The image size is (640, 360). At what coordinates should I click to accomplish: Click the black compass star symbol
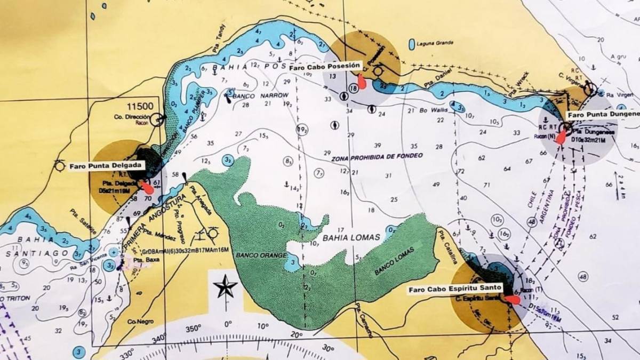225,287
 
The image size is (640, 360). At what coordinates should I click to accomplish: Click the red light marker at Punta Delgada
146,187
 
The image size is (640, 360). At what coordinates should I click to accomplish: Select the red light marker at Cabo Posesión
362,82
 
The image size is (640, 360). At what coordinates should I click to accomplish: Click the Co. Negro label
137,322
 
